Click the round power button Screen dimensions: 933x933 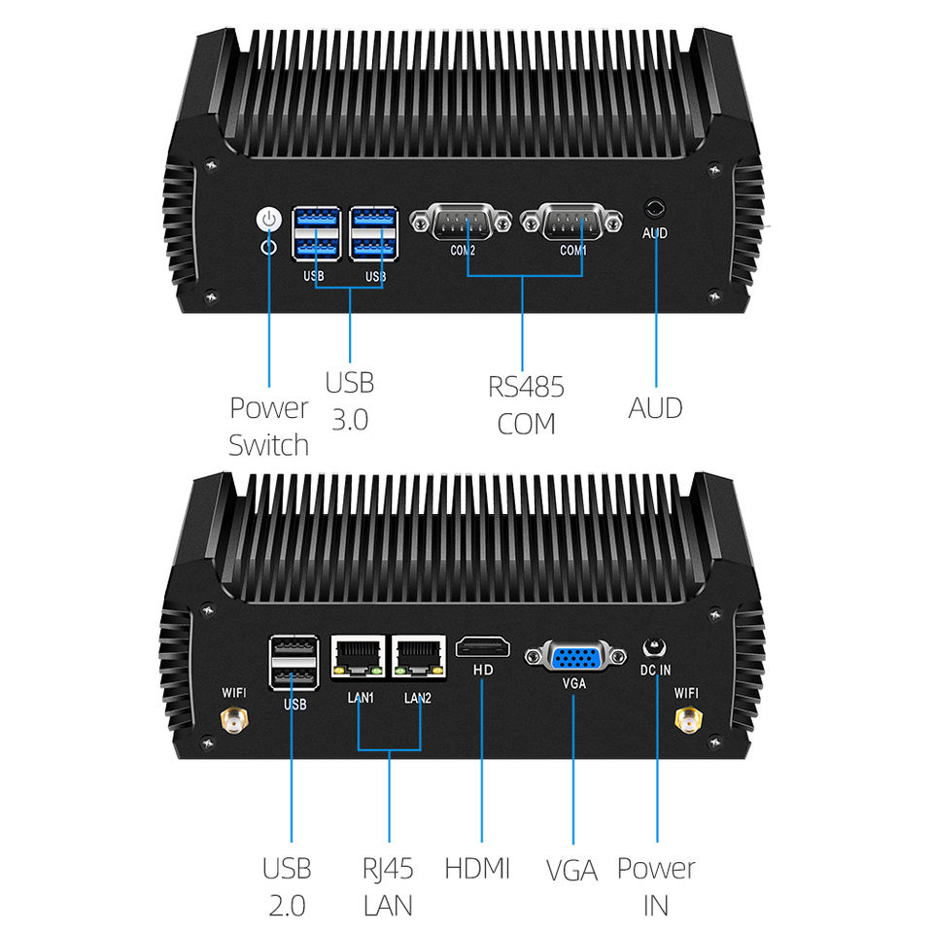(268, 220)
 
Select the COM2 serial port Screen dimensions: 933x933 (462, 224)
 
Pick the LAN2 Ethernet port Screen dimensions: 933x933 (419, 657)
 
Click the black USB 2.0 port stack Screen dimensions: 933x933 (294, 661)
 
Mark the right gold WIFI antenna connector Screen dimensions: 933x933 (688, 721)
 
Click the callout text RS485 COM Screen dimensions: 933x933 (526, 405)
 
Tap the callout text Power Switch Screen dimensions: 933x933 (268, 426)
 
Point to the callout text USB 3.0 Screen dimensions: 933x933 (350, 400)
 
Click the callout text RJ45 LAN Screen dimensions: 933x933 (388, 885)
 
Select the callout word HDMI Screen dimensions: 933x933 (477, 867)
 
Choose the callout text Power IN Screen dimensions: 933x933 (656, 885)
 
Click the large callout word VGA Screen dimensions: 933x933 (571, 869)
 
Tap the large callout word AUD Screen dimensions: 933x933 (655, 407)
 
